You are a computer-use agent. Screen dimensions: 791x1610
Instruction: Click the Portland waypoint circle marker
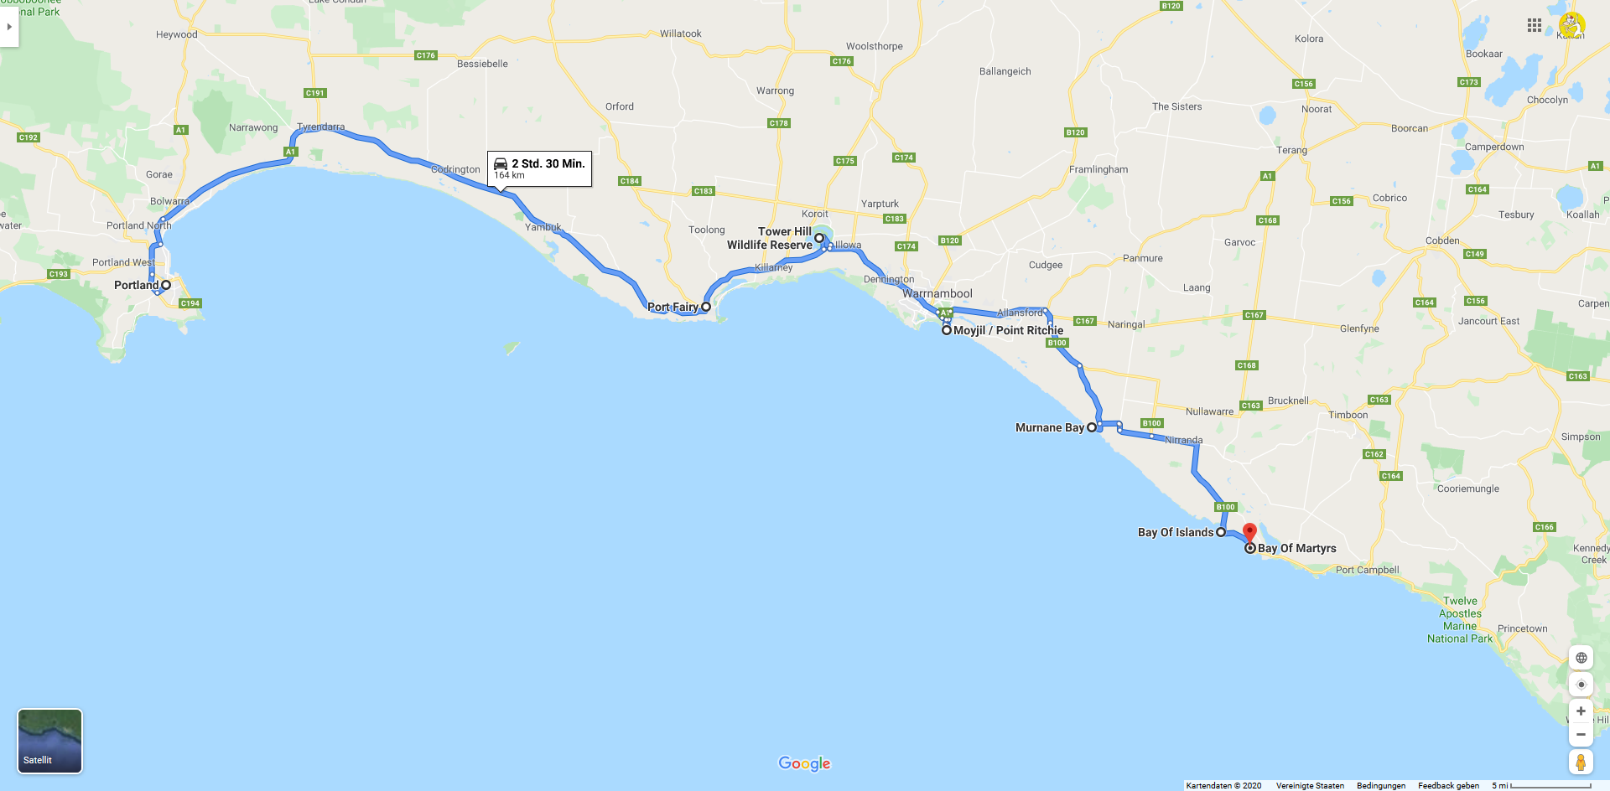pyautogui.click(x=166, y=285)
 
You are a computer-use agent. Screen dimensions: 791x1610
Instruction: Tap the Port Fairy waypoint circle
pyautogui.click(x=706, y=307)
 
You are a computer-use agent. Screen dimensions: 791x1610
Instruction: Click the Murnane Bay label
pyautogui.click(x=1049, y=427)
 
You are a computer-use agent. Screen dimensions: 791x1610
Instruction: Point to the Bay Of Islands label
pyautogui.click(x=1175, y=532)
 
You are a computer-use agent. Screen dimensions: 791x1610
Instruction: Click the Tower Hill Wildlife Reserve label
pyautogui.click(x=770, y=238)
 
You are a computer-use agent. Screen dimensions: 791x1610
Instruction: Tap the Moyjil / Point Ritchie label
pyautogui.click(x=1008, y=330)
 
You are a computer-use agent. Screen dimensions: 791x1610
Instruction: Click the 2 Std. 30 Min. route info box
pyautogui.click(x=539, y=168)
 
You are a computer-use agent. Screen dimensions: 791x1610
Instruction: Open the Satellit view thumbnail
pyautogui.click(x=50, y=741)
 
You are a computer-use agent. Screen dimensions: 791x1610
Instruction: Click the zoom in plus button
pyautogui.click(x=1581, y=711)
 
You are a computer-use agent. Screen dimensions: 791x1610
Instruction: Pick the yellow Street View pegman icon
pyautogui.click(x=1581, y=762)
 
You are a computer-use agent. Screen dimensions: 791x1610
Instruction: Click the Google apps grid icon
pyautogui.click(x=1535, y=25)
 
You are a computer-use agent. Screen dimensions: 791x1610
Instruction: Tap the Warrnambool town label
pyautogui.click(x=937, y=293)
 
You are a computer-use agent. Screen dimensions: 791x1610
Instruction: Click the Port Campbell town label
pyautogui.click(x=1367, y=570)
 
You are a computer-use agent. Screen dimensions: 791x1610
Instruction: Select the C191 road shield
pyautogui.click(x=315, y=93)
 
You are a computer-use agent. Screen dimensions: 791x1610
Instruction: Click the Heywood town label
pyautogui.click(x=177, y=34)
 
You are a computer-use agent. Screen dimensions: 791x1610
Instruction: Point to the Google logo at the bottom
pyautogui.click(x=804, y=763)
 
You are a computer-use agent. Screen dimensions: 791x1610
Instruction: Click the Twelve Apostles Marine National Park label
pyautogui.click(x=1460, y=619)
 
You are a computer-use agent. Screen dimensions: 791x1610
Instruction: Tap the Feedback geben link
pyautogui.click(x=1448, y=785)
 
